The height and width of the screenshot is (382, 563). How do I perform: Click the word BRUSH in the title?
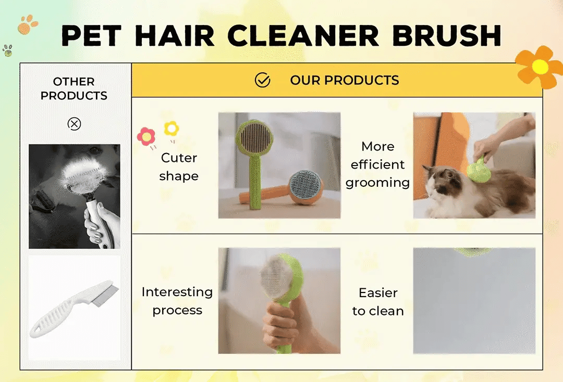coord(447,35)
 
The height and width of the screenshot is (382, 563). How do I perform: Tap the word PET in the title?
coord(92,35)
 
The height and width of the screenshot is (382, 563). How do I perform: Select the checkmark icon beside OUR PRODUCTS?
coord(262,80)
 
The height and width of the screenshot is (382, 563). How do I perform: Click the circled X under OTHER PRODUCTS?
coord(75,124)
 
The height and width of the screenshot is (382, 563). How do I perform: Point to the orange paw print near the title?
coord(27,24)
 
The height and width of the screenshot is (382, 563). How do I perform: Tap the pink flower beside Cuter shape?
coord(146,136)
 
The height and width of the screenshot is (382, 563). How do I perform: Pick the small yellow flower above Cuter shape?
coord(172,129)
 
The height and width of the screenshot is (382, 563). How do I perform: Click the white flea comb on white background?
coord(74,308)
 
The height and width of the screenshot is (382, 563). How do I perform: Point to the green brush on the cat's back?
coord(479,169)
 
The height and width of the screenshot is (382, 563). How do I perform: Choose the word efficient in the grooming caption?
coord(378,164)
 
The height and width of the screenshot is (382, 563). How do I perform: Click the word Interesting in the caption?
coord(177,291)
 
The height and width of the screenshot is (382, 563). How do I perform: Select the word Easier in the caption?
coord(378,293)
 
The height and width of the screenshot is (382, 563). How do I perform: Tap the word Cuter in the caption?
coord(179,158)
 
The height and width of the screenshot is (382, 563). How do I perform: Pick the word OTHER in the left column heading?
coord(74,81)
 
